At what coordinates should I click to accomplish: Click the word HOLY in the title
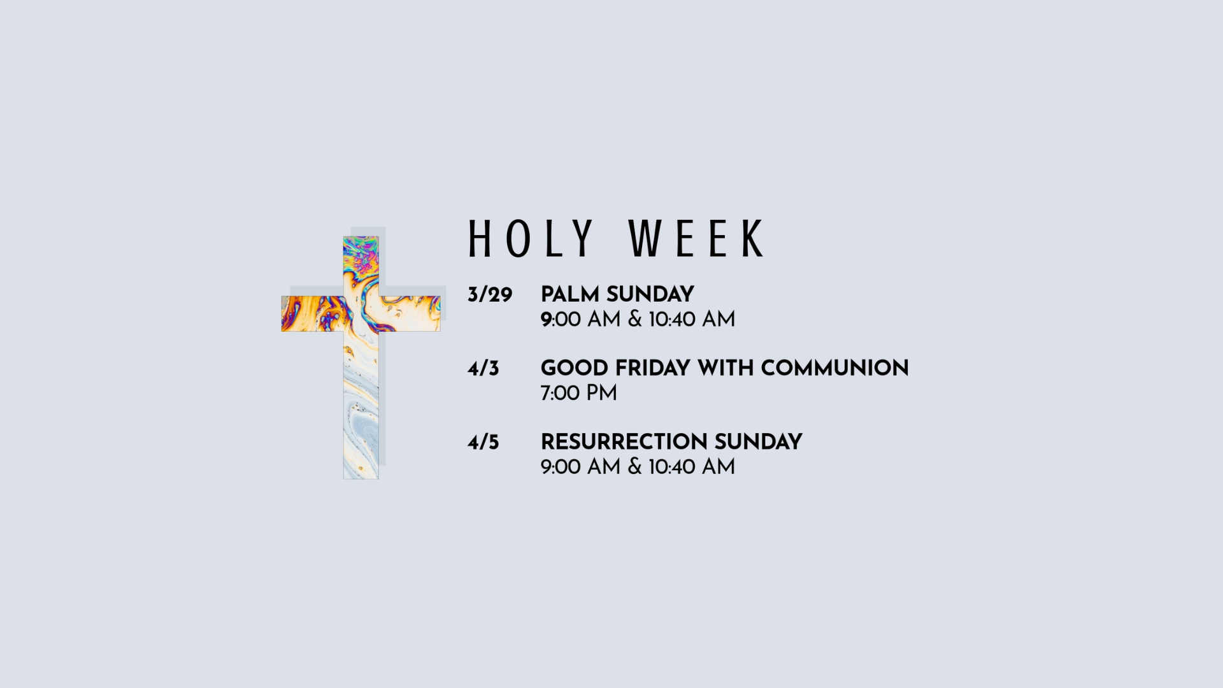(531, 239)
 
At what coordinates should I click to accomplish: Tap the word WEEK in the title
(696, 239)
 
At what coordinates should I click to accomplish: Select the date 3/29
(490, 295)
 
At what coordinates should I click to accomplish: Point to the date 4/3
(483, 369)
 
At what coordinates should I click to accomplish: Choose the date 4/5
(483, 443)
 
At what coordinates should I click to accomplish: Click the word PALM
(569, 294)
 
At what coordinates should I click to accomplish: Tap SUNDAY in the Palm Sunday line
(650, 294)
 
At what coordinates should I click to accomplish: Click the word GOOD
(575, 368)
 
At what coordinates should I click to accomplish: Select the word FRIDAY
(653, 368)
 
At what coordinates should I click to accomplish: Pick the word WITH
(726, 368)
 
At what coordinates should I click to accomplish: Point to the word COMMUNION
(834, 368)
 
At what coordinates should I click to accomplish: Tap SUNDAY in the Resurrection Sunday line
(758, 442)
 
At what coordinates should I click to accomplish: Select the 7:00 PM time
(578, 393)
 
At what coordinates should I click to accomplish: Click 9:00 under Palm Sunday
(561, 319)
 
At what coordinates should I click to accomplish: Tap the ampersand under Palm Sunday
(634, 319)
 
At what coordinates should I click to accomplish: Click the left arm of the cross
(312, 313)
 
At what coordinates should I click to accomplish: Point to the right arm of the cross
(410, 313)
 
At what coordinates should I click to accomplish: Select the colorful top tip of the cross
(361, 255)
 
